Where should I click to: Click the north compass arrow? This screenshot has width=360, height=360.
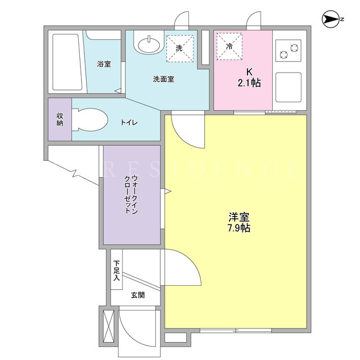pyautogui.click(x=331, y=19)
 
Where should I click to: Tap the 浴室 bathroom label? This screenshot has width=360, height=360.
pyautogui.click(x=103, y=64)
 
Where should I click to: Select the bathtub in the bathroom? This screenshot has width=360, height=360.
pyautogui.click(x=67, y=62)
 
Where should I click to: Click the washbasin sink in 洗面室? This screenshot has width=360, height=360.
pyautogui.click(x=148, y=44)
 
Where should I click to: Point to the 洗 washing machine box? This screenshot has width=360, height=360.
pyautogui.click(x=180, y=48)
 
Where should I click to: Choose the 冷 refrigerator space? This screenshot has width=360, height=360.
pyautogui.click(x=229, y=46)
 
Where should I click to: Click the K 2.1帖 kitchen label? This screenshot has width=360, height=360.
pyautogui.click(x=249, y=78)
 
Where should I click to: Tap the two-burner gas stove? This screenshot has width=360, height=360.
pyautogui.click(x=289, y=51)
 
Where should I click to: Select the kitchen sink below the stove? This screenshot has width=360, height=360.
pyautogui.click(x=289, y=87)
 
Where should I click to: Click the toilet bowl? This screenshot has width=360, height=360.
pyautogui.click(x=89, y=120)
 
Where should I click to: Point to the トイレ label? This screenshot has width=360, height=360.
pyautogui.click(x=129, y=123)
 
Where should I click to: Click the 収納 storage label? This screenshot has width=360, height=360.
pyautogui.click(x=60, y=119)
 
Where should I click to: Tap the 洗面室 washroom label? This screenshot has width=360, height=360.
pyautogui.click(x=164, y=79)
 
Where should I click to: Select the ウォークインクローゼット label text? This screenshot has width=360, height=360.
pyautogui.click(x=131, y=195)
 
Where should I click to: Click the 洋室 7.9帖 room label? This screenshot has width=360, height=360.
pyautogui.click(x=238, y=222)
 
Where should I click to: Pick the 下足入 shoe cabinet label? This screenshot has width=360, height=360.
pyautogui.click(x=116, y=271)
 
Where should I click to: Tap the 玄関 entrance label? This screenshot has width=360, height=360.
pyautogui.click(x=138, y=295)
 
